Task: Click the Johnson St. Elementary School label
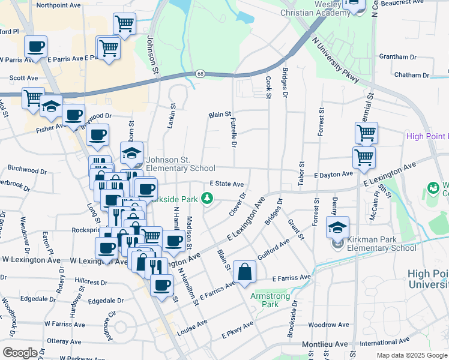coord(180,164)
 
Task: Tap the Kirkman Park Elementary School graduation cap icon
coord(337,227)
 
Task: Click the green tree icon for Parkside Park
coord(207,197)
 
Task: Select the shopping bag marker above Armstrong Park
coord(245,271)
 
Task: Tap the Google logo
coord(20,352)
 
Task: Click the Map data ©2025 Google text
coord(411,355)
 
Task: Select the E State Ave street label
coord(226,184)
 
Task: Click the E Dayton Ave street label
coord(333,174)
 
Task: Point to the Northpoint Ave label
coord(58,5)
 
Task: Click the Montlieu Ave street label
coord(325,344)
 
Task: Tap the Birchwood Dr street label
coord(25,170)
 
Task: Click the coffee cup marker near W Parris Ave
coord(35,46)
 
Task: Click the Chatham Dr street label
coord(411,75)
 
